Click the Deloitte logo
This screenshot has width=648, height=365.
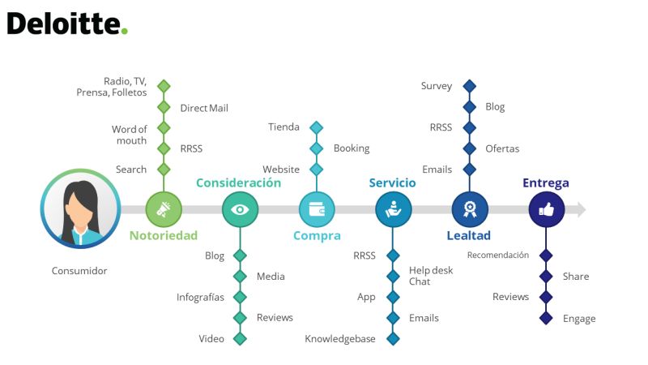pyautogui.click(x=67, y=24)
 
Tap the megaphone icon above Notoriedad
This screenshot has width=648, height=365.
pyautogui.click(x=164, y=209)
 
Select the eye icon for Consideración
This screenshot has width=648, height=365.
pyautogui.click(x=240, y=209)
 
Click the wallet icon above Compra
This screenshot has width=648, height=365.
pyautogui.click(x=317, y=209)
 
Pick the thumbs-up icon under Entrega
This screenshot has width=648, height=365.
pyautogui.click(x=546, y=209)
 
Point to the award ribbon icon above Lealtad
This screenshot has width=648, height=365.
pyautogui.click(x=470, y=209)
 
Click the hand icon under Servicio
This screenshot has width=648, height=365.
pyautogui.click(x=394, y=209)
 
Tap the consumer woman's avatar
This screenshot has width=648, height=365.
pyautogui.click(x=80, y=208)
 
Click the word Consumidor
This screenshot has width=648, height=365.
pyautogui.click(x=79, y=271)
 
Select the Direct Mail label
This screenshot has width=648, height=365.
pyautogui.click(x=204, y=108)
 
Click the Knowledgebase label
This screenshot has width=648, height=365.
pyautogui.click(x=340, y=339)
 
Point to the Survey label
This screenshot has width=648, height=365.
pyautogui.click(x=437, y=86)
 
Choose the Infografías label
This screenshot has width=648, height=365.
pyautogui.click(x=200, y=297)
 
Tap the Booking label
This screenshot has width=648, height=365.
pyautogui.click(x=352, y=148)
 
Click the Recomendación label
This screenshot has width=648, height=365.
pyautogui.click(x=498, y=255)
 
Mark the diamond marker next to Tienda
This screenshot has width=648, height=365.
pyautogui.click(x=317, y=127)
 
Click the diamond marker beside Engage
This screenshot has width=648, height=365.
pyautogui.click(x=546, y=318)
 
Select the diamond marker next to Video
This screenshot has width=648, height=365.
pyautogui.click(x=240, y=339)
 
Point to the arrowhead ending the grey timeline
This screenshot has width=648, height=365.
pyautogui.click(x=582, y=209)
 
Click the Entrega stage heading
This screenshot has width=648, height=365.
pyautogui.click(x=545, y=183)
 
